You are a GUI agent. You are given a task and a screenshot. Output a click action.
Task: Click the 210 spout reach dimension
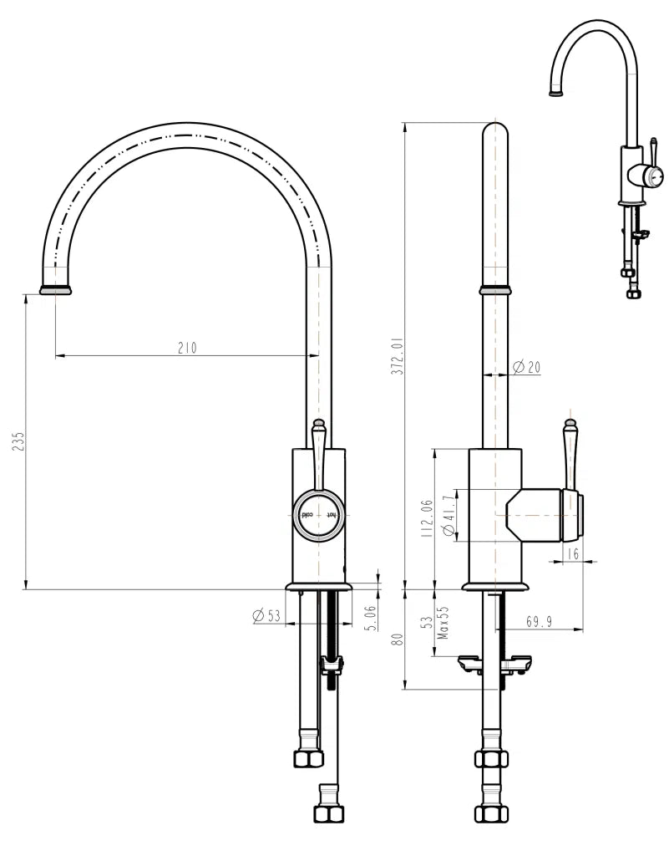(187, 348)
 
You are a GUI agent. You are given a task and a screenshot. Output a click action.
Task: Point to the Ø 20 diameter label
(526, 367)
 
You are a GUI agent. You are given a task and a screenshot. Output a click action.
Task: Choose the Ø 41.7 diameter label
(449, 516)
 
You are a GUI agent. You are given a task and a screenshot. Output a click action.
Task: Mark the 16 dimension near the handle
(572, 554)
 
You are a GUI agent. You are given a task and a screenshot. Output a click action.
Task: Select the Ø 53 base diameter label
(266, 616)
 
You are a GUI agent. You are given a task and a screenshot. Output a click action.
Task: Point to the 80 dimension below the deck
(398, 639)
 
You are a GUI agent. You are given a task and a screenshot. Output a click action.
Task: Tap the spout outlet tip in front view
(55, 290)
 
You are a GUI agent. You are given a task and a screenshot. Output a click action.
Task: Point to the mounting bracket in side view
(493, 665)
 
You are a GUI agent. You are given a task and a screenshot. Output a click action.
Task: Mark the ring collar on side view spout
(495, 290)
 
